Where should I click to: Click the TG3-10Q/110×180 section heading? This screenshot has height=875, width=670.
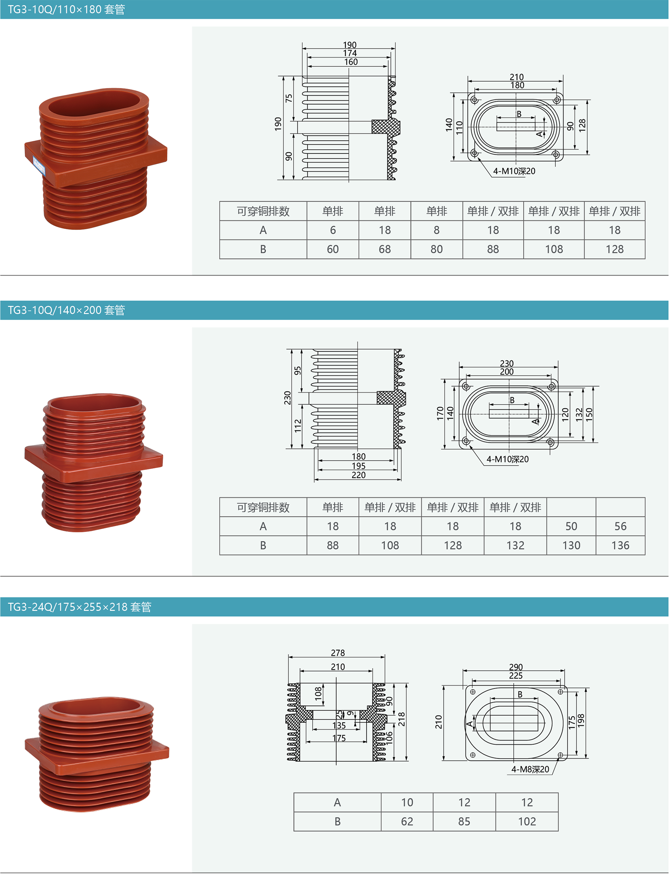66,9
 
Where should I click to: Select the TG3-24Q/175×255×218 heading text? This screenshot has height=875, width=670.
79,607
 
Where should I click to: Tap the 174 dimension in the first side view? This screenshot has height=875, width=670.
350,53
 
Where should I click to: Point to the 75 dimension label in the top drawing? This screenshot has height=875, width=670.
288,98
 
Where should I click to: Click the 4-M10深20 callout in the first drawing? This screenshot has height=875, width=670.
514,171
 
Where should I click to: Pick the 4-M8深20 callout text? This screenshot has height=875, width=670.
530,769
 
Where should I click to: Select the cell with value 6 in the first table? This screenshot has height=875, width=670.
333,230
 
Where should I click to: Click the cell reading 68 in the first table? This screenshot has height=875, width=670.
385,249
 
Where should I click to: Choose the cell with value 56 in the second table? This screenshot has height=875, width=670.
620,526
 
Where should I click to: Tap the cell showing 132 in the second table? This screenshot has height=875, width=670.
515,545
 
